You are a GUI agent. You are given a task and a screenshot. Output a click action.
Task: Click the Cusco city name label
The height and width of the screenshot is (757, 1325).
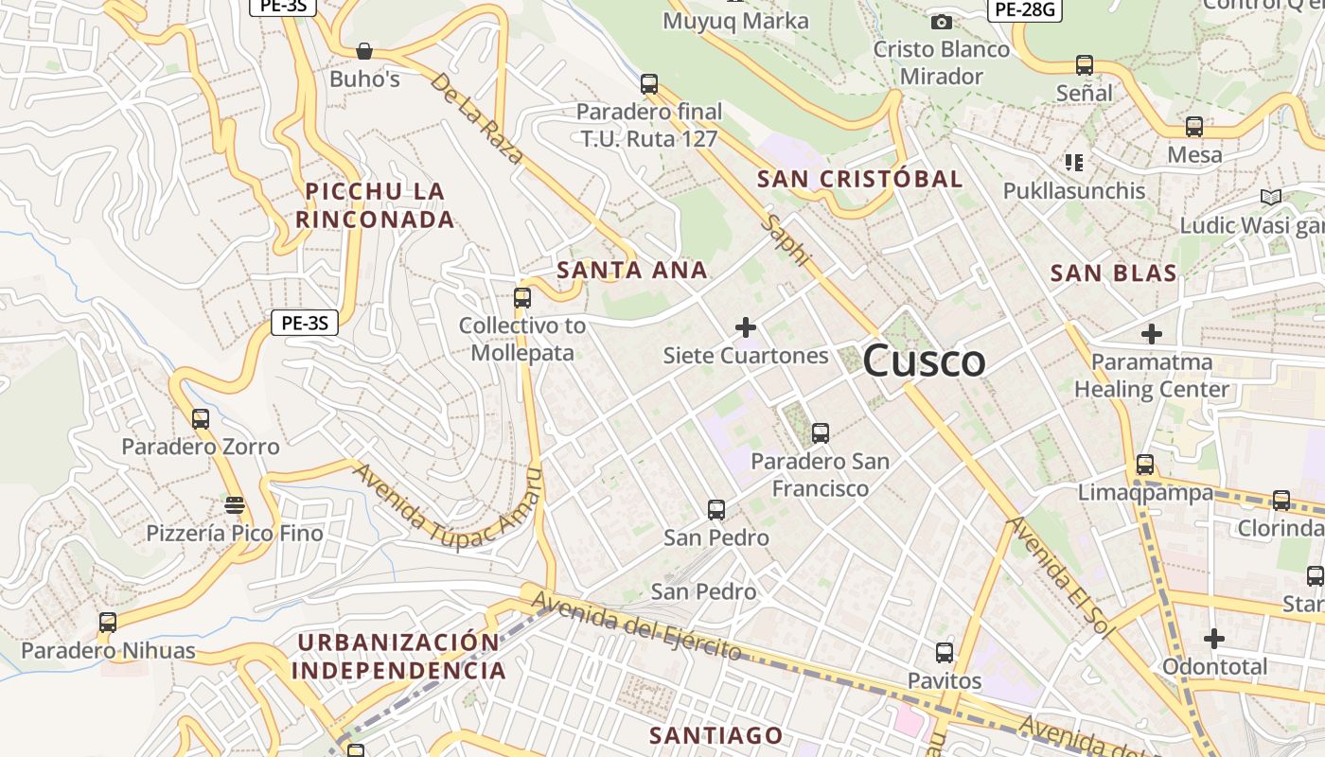point(924,361)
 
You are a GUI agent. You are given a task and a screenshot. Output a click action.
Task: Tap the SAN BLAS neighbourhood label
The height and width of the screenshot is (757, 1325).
point(1114,274)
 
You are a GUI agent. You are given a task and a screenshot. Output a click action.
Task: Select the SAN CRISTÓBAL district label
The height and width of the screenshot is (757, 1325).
point(860,179)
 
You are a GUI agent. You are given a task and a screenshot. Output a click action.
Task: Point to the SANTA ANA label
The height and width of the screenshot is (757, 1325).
point(632,271)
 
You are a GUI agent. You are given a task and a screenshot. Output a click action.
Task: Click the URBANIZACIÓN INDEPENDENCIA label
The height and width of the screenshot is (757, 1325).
point(398,657)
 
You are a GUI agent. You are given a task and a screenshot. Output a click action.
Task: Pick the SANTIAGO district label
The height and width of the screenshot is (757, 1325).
point(716,735)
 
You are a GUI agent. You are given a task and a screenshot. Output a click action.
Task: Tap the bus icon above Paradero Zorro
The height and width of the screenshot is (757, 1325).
point(200,418)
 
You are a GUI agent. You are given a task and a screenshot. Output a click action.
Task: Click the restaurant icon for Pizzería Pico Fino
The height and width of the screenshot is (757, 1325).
point(235,504)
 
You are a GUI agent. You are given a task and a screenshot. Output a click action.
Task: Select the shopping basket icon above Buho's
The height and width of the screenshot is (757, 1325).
point(364,50)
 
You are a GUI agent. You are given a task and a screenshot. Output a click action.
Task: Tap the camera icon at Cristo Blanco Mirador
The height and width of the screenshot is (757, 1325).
point(941,22)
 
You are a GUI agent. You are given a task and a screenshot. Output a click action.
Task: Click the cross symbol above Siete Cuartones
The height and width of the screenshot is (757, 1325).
point(746,327)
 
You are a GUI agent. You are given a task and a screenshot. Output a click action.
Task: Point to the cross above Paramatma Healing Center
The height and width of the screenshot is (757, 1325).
point(1151,334)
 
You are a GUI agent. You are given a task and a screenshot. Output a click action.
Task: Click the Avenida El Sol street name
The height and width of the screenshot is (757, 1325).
point(1055,577)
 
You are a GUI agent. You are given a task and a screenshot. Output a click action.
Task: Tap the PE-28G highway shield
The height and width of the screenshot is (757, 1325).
point(1024,10)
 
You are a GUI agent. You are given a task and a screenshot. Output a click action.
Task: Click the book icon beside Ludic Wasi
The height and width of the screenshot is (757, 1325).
point(1270,197)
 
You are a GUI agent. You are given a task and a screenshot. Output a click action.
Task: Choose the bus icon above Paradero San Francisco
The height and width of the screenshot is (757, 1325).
point(821,433)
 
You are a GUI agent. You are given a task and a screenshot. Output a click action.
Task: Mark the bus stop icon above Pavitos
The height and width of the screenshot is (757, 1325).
point(945,652)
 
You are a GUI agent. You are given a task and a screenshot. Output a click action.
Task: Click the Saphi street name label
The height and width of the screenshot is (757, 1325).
point(787,240)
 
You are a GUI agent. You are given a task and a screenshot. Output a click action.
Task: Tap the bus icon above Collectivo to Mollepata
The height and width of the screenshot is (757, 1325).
point(521,297)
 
